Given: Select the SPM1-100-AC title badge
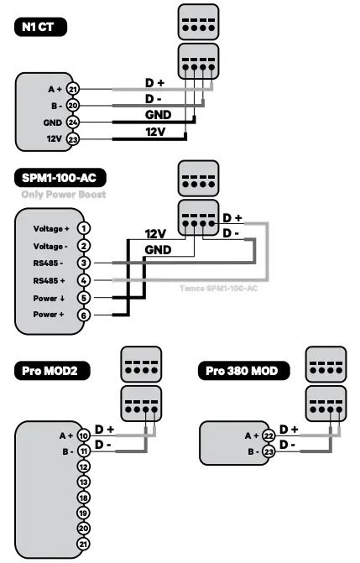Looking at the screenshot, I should tap(60, 178).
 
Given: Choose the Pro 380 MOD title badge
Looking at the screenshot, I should tap(243, 370).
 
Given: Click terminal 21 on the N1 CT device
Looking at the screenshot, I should tap(72, 89).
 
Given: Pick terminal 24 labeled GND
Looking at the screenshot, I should tap(72, 123).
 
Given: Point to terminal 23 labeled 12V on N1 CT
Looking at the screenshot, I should tap(72, 139).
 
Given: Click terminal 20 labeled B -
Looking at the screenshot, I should tap(72, 106).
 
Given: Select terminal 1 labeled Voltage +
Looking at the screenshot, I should tap(83, 228).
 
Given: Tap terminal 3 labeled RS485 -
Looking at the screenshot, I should tap(83, 263).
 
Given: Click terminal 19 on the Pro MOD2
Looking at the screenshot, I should tap(83, 511).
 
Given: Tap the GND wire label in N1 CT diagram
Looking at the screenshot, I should tap(158, 115).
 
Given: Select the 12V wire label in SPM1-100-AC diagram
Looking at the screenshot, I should tap(157, 234).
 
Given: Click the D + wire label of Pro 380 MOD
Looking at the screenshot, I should tap(289, 429).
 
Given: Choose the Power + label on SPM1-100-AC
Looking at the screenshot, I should tap(49, 314).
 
